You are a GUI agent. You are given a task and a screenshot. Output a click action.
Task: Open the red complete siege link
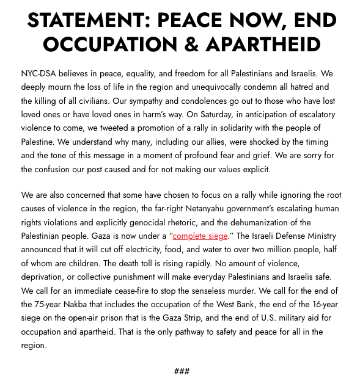tap(200, 236)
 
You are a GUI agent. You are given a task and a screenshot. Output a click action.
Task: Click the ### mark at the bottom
tap(182, 371)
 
